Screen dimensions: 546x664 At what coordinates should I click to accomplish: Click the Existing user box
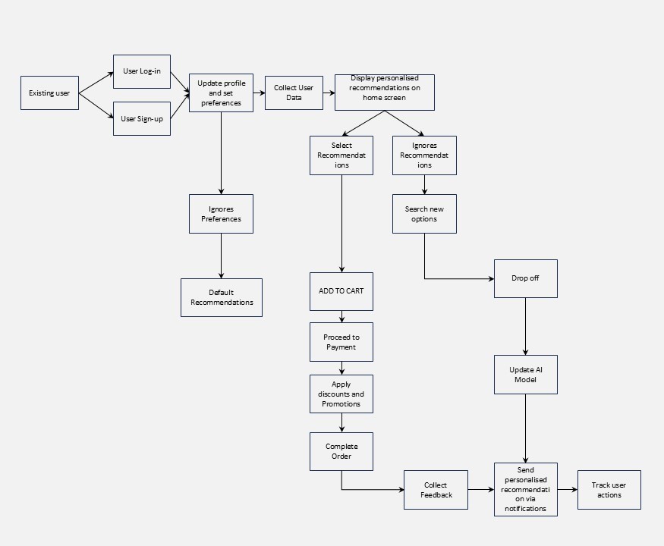point(49,93)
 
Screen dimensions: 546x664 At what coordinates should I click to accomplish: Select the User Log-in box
point(142,72)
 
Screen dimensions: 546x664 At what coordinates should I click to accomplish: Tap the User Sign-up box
point(142,118)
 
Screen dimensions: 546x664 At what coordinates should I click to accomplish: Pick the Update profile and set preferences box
point(221,93)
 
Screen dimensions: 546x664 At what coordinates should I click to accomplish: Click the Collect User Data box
point(294,93)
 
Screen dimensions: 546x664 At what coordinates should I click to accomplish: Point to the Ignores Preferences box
point(221,214)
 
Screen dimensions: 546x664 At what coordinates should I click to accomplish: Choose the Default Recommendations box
point(222,297)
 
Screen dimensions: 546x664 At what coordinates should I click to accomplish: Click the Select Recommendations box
point(341,155)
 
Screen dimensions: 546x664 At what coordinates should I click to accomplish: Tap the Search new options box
point(424,214)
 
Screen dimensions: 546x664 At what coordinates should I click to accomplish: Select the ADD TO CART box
point(341,290)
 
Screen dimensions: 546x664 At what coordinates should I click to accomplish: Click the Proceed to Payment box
point(341,342)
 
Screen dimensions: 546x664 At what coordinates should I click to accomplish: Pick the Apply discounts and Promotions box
point(341,394)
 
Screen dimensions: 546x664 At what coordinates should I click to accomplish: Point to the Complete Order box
point(341,451)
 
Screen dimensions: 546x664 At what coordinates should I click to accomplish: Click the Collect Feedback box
point(436,490)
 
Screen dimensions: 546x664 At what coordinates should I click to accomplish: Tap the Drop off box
point(525,279)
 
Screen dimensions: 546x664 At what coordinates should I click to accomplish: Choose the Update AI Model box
point(525,375)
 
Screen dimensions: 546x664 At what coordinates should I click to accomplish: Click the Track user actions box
point(609,490)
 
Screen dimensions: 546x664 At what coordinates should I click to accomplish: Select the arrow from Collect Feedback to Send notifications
point(481,490)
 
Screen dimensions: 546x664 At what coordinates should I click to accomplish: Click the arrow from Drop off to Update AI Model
point(525,327)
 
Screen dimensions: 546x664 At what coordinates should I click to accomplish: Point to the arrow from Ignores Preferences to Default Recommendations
point(221,256)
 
